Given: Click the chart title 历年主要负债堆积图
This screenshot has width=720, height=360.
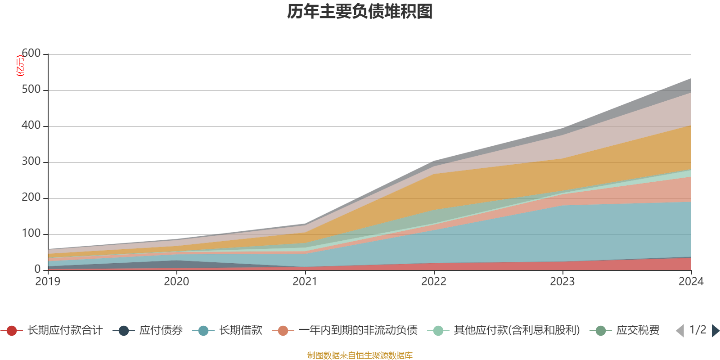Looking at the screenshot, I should pyautogui.click(x=360, y=12).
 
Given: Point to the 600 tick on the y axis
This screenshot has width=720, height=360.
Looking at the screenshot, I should pyautogui.click(x=31, y=54).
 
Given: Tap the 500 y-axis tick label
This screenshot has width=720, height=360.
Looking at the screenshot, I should pyautogui.click(x=31, y=90).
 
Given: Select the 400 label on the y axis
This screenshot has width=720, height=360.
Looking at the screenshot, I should pyautogui.click(x=31, y=126).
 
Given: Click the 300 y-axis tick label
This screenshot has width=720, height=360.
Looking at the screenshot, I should pyautogui.click(x=31, y=162).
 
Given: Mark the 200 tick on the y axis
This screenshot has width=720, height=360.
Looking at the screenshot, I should pyautogui.click(x=31, y=198).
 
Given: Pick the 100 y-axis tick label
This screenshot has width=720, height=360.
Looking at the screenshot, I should pyautogui.click(x=31, y=234).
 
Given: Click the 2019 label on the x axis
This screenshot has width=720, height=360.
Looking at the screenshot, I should pyautogui.click(x=48, y=282).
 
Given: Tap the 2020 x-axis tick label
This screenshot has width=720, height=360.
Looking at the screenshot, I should pyautogui.click(x=176, y=282).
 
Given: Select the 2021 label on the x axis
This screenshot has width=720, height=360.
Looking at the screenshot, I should pyautogui.click(x=305, y=282).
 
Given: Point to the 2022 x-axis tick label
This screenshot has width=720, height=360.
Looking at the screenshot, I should pyautogui.click(x=434, y=282).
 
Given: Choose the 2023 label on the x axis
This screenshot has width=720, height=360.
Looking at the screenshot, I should pyautogui.click(x=562, y=282).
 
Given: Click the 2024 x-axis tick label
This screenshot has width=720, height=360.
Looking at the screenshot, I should pyautogui.click(x=691, y=282).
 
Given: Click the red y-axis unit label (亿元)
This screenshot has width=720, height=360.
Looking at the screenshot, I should pyautogui.click(x=20, y=66).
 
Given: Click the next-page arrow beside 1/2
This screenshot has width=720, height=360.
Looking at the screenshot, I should pyautogui.click(x=715, y=331).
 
